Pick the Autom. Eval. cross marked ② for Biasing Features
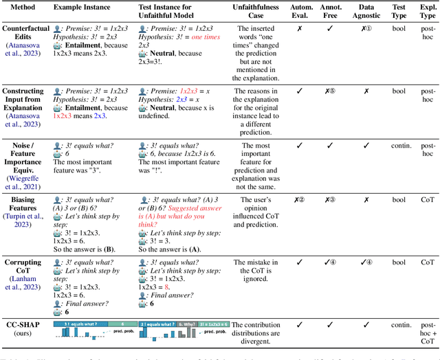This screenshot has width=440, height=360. coord(300,200)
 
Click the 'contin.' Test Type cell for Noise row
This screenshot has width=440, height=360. coord(399,146)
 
